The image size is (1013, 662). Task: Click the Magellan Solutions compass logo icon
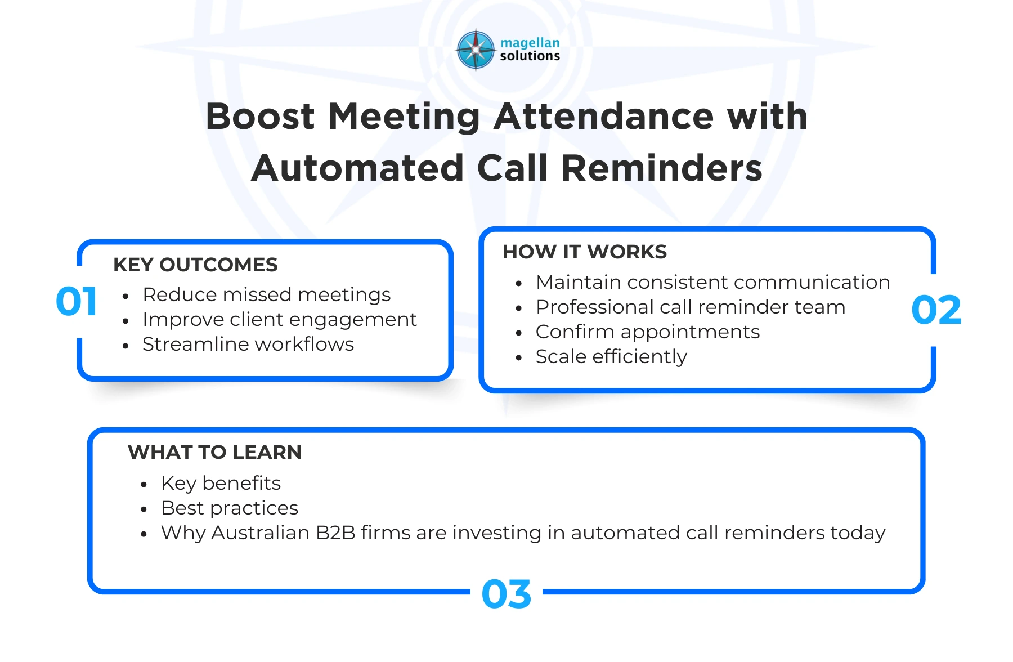point(476,50)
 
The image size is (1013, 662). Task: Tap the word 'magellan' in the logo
point(530,43)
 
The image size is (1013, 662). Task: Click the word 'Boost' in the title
point(260,117)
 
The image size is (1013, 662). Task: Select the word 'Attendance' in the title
point(604,117)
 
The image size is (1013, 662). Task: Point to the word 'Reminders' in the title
point(661,168)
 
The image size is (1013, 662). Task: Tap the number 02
point(936,310)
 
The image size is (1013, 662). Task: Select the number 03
point(507,594)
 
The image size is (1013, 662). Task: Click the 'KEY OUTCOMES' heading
point(195,265)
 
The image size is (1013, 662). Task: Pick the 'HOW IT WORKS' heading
point(584,252)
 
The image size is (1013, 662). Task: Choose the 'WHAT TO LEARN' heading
point(214,452)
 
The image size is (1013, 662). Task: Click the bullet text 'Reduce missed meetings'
point(266,294)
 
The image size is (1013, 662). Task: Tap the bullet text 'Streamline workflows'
point(248,344)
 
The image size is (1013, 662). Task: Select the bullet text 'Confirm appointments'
point(647,332)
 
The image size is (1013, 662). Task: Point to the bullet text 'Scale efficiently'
point(611,356)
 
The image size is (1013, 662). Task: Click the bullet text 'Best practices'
point(229,508)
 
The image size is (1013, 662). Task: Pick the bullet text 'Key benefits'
point(221,483)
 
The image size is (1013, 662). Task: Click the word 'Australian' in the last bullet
point(260,533)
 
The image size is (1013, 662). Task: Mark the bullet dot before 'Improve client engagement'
point(125,321)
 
